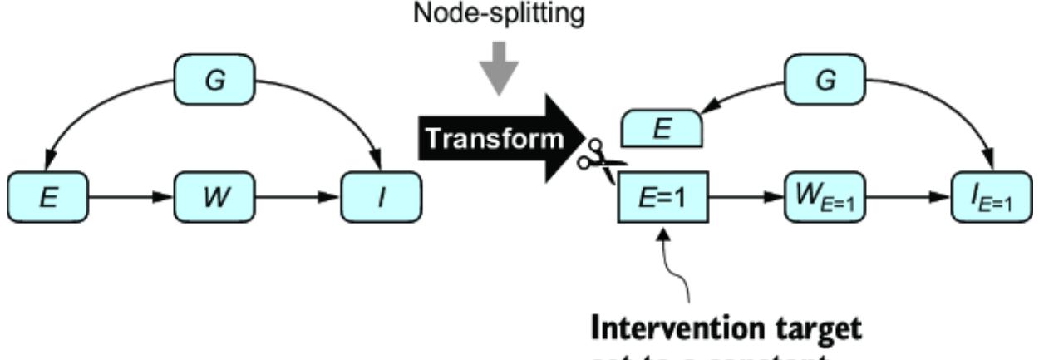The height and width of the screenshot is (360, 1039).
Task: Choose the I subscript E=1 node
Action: pyautogui.click(x=992, y=202)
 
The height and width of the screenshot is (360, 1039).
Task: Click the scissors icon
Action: pyautogui.click(x=594, y=161)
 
